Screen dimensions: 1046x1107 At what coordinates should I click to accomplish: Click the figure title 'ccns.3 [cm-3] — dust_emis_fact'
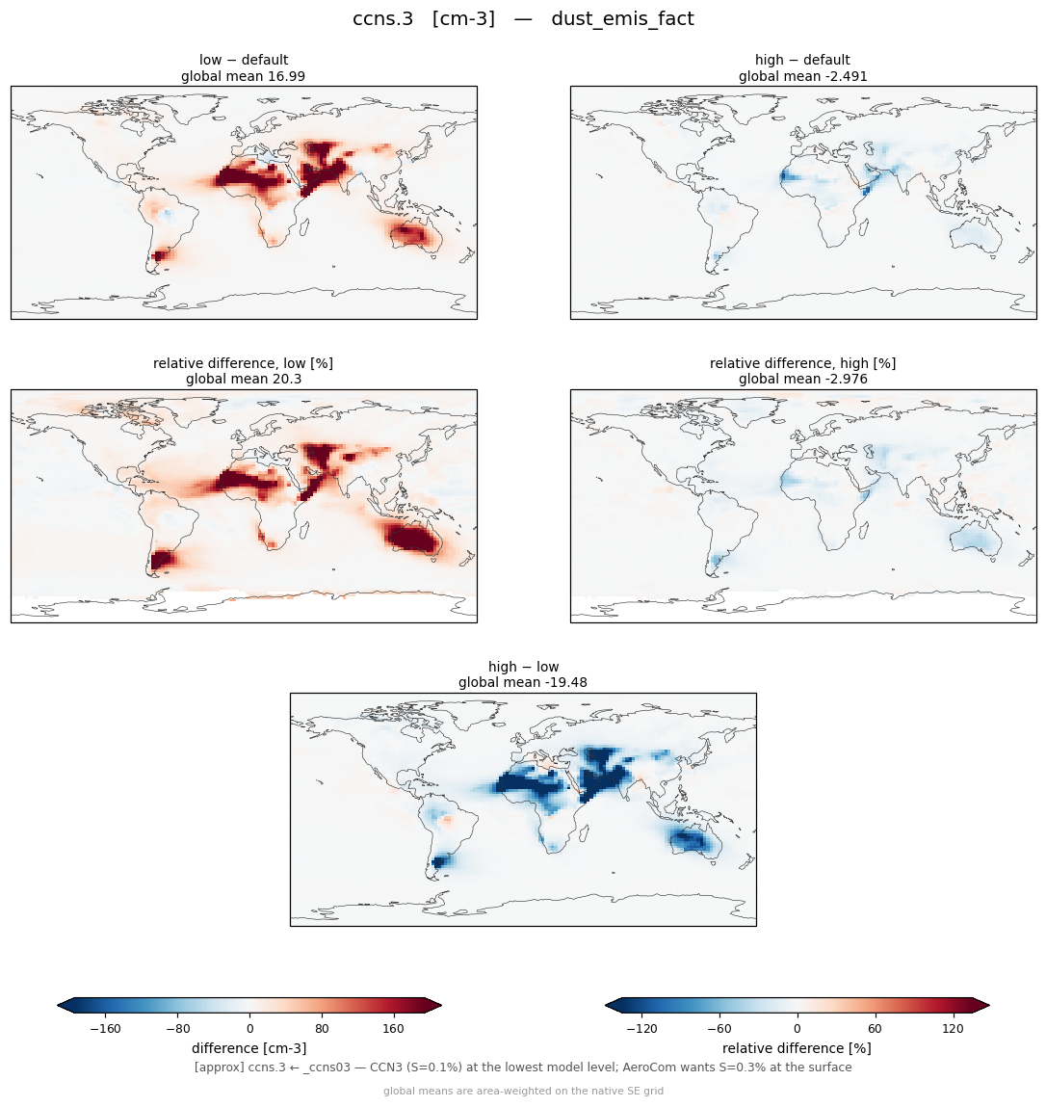pos(523,19)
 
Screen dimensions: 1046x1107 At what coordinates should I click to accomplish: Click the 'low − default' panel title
pos(244,60)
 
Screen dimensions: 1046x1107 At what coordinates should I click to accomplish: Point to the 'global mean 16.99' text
pos(244,76)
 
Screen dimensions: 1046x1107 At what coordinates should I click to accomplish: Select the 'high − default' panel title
pos(802,60)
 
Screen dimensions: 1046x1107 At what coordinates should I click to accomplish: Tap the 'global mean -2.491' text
pos(802,76)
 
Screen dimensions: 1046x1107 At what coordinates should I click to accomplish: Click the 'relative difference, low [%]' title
pos(244,363)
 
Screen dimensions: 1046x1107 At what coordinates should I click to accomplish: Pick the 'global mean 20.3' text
pos(244,380)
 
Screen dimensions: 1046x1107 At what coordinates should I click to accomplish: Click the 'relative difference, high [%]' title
pos(802,363)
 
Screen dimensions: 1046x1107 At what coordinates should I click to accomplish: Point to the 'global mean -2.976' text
pos(802,380)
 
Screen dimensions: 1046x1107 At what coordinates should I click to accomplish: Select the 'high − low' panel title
pos(523,667)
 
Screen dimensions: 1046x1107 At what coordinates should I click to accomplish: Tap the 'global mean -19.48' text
pos(523,683)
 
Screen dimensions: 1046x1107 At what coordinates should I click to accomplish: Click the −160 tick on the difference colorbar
pos(105,1029)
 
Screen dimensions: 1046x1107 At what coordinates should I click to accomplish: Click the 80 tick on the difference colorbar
pos(322,1029)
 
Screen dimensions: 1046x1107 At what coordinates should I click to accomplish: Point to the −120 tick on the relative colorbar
pos(641,1029)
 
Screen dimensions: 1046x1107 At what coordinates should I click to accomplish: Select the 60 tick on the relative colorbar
pos(875,1029)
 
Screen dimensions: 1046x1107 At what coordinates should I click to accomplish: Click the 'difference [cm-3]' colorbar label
pos(249,1048)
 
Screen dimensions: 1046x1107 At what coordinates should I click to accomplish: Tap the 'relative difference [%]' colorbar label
pos(797,1048)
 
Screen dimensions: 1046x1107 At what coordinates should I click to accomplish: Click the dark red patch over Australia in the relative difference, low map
pos(411,540)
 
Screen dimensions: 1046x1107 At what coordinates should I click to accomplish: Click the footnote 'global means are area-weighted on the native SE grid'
pos(523,1091)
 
